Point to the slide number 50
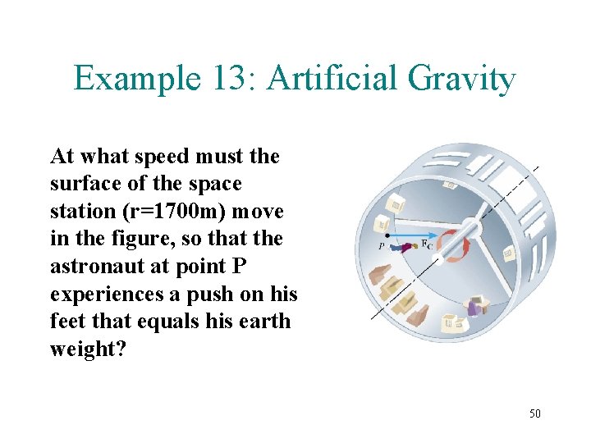[x=534, y=413]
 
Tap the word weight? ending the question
[x=89, y=349]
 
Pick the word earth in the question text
[x=262, y=321]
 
